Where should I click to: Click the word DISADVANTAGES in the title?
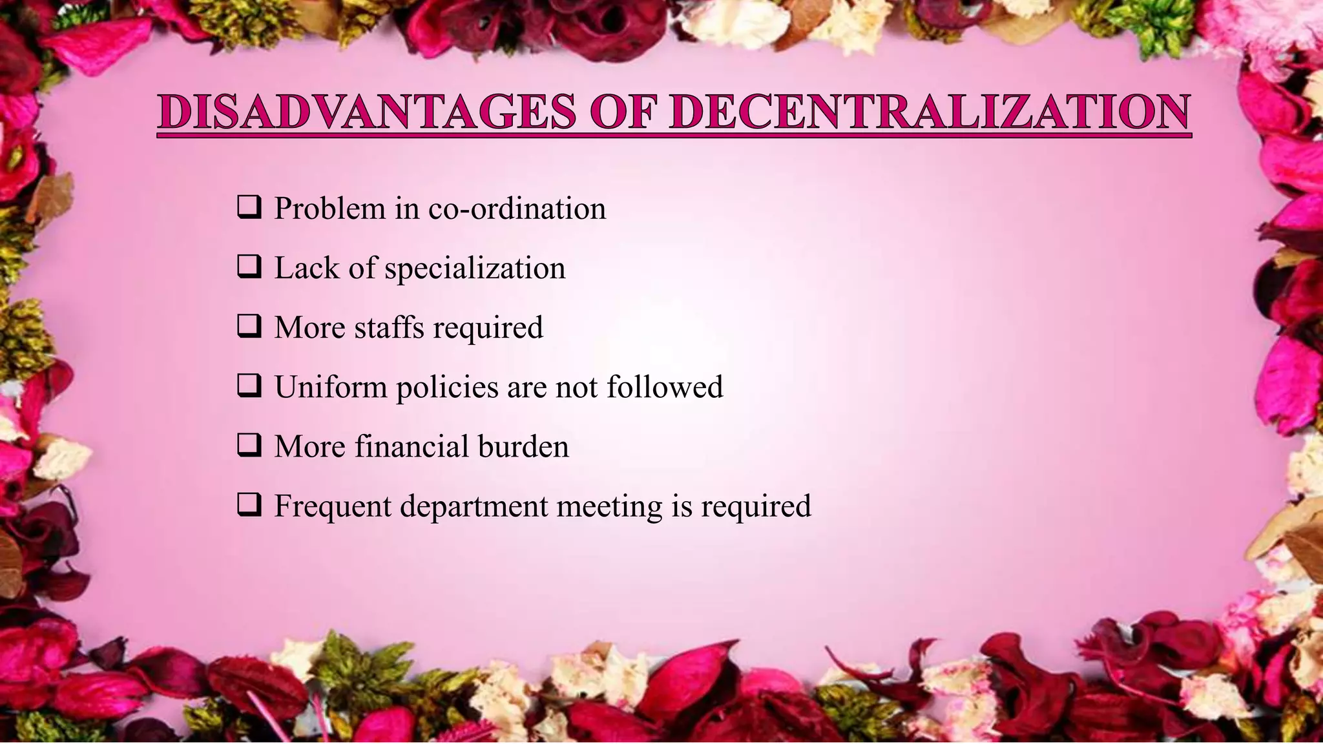click(367, 112)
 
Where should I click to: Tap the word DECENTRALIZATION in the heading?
click(929, 112)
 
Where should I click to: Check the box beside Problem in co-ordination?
click(249, 207)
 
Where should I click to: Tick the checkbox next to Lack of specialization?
click(249, 267)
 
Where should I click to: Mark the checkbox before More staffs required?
click(249, 326)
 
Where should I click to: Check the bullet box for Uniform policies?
click(249, 386)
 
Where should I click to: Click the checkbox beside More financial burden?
click(249, 445)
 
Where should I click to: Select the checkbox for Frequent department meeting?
click(249, 504)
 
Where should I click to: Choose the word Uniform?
click(331, 387)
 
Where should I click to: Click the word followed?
click(665, 387)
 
